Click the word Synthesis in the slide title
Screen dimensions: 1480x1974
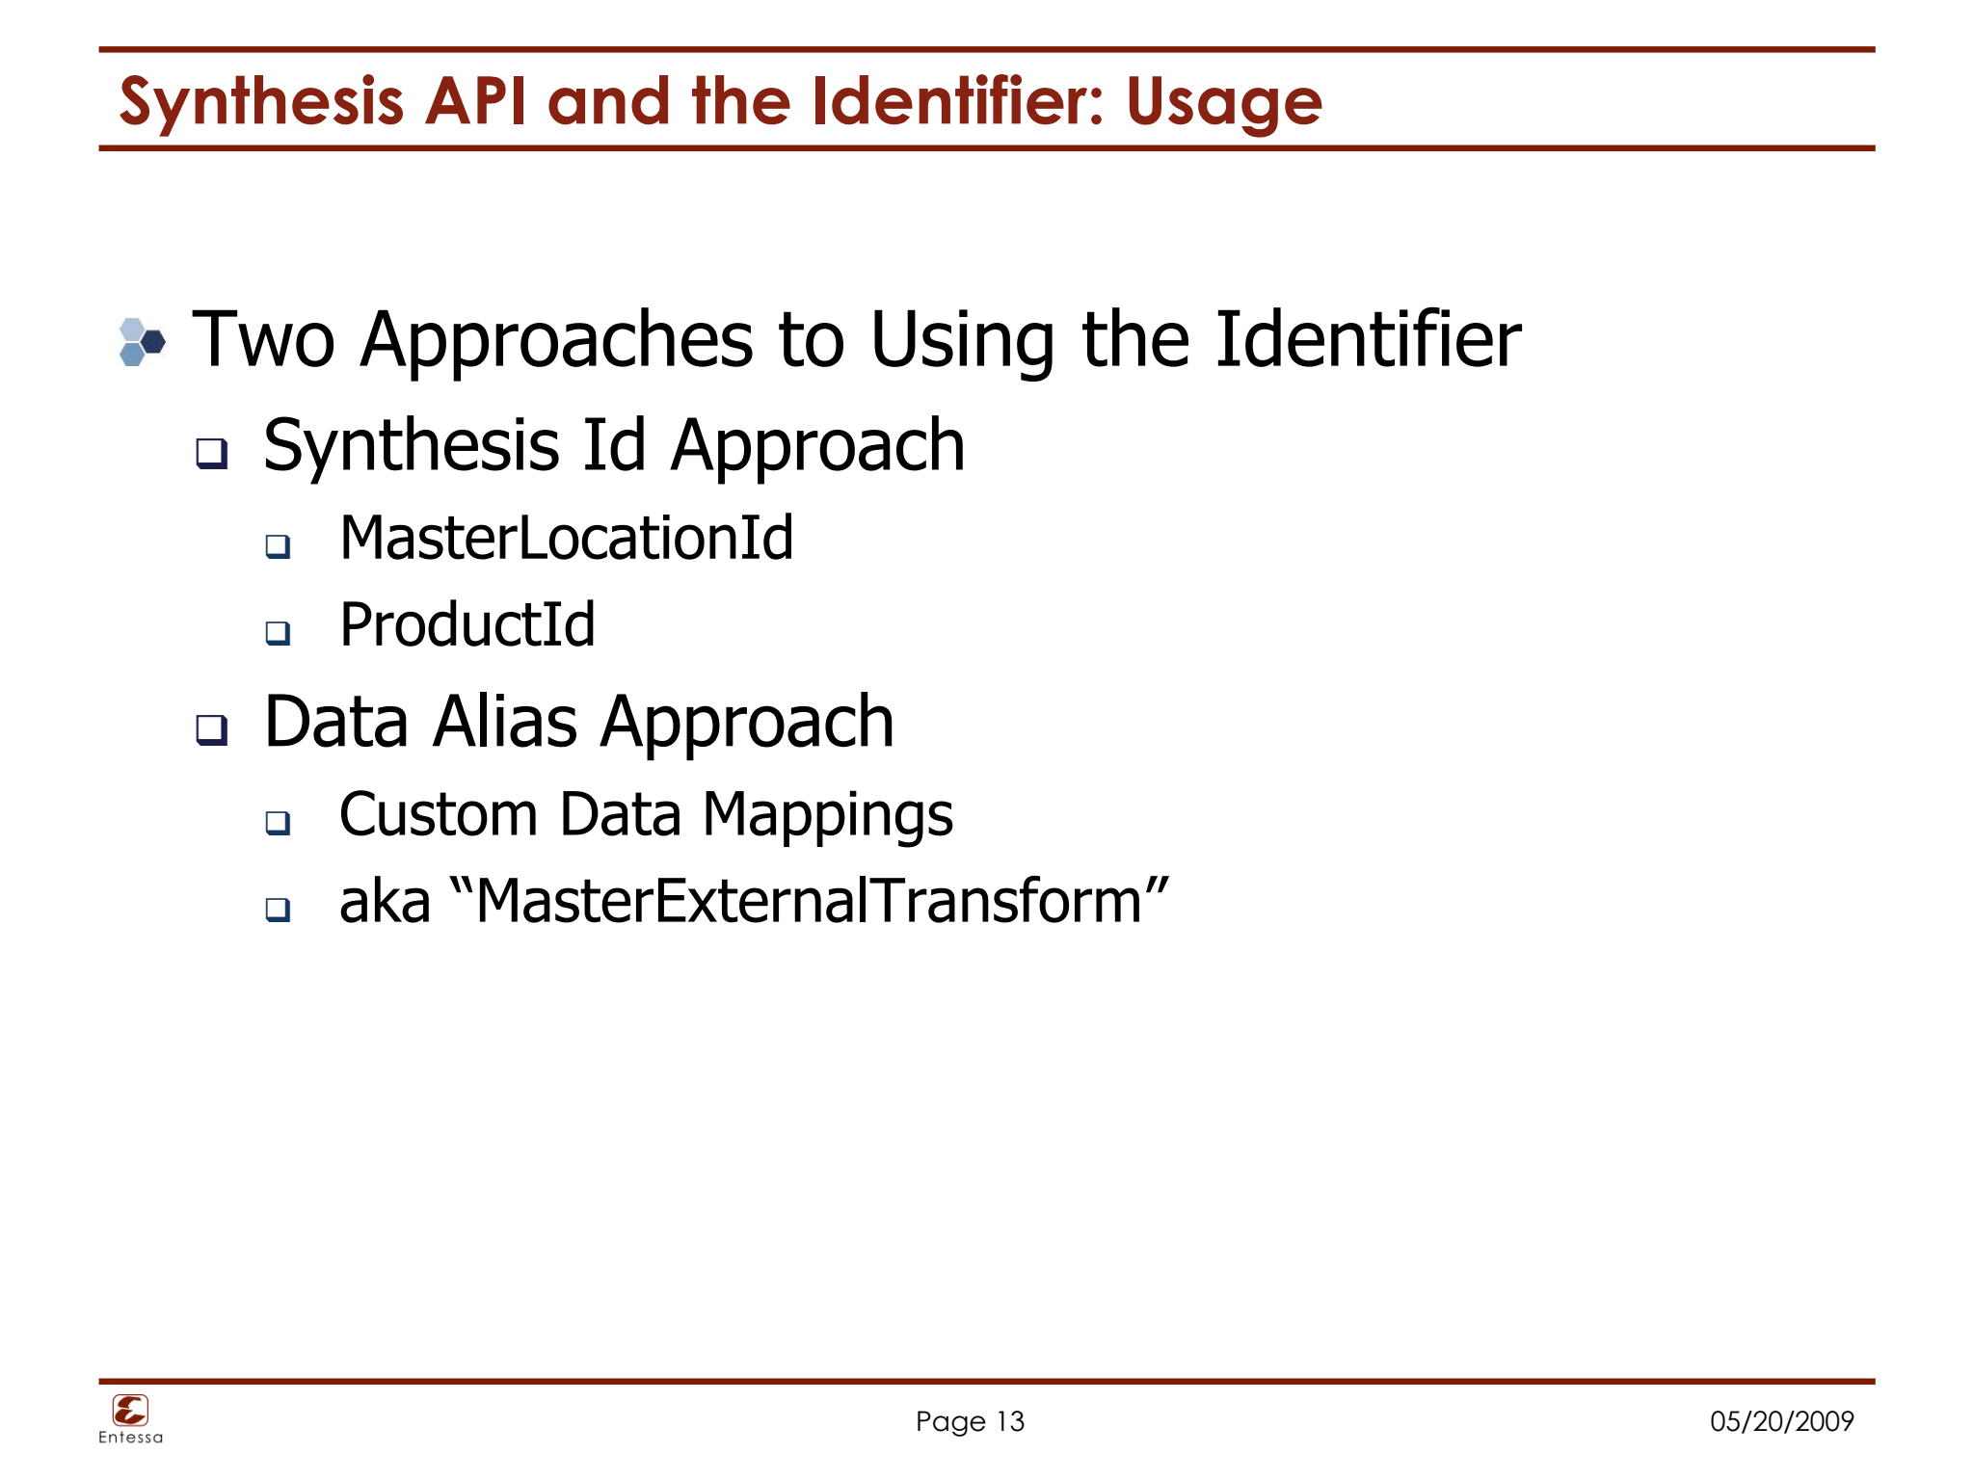261,102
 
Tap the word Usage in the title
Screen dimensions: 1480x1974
1223,102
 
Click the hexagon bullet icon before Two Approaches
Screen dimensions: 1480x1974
142,342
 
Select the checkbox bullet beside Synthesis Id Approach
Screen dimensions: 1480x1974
212,452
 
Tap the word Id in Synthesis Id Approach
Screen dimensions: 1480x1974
614,446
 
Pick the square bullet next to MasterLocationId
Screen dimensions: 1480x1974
279,546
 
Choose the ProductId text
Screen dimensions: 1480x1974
467,624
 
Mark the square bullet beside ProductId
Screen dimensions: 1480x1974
279,633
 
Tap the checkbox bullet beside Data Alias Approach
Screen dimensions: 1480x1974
212,729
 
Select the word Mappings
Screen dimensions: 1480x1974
828,815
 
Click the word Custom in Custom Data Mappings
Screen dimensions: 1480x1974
439,814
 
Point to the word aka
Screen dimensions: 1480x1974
385,902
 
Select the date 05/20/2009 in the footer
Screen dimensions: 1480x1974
1781,1421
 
